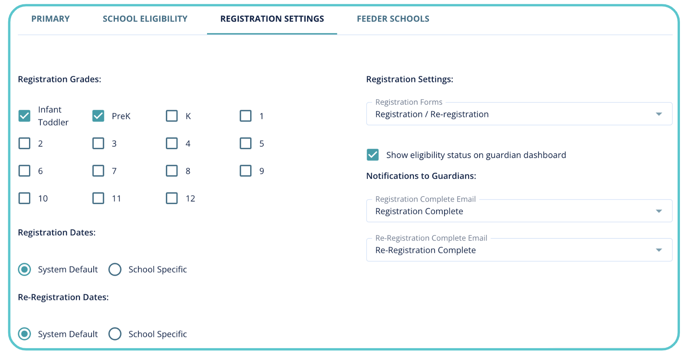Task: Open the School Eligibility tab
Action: click(145, 19)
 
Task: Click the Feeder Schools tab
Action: click(393, 19)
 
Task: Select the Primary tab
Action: click(50, 19)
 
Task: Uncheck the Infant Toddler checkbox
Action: click(24, 116)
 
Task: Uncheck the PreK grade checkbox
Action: click(98, 116)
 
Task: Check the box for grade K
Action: click(172, 116)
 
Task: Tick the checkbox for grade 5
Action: click(245, 144)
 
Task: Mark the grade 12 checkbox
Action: click(172, 198)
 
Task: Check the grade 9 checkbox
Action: click(245, 171)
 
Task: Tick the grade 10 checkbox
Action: click(24, 198)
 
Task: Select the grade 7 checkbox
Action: click(98, 171)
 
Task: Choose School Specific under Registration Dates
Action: click(115, 269)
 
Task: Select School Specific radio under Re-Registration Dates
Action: click(115, 334)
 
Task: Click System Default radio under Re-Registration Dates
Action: click(24, 334)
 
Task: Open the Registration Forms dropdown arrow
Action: click(659, 114)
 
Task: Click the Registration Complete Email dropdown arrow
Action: click(659, 211)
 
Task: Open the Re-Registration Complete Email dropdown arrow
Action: click(659, 250)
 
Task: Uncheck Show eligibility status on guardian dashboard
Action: click(373, 155)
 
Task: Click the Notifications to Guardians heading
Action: click(421, 176)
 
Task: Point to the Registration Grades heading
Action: click(59, 79)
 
